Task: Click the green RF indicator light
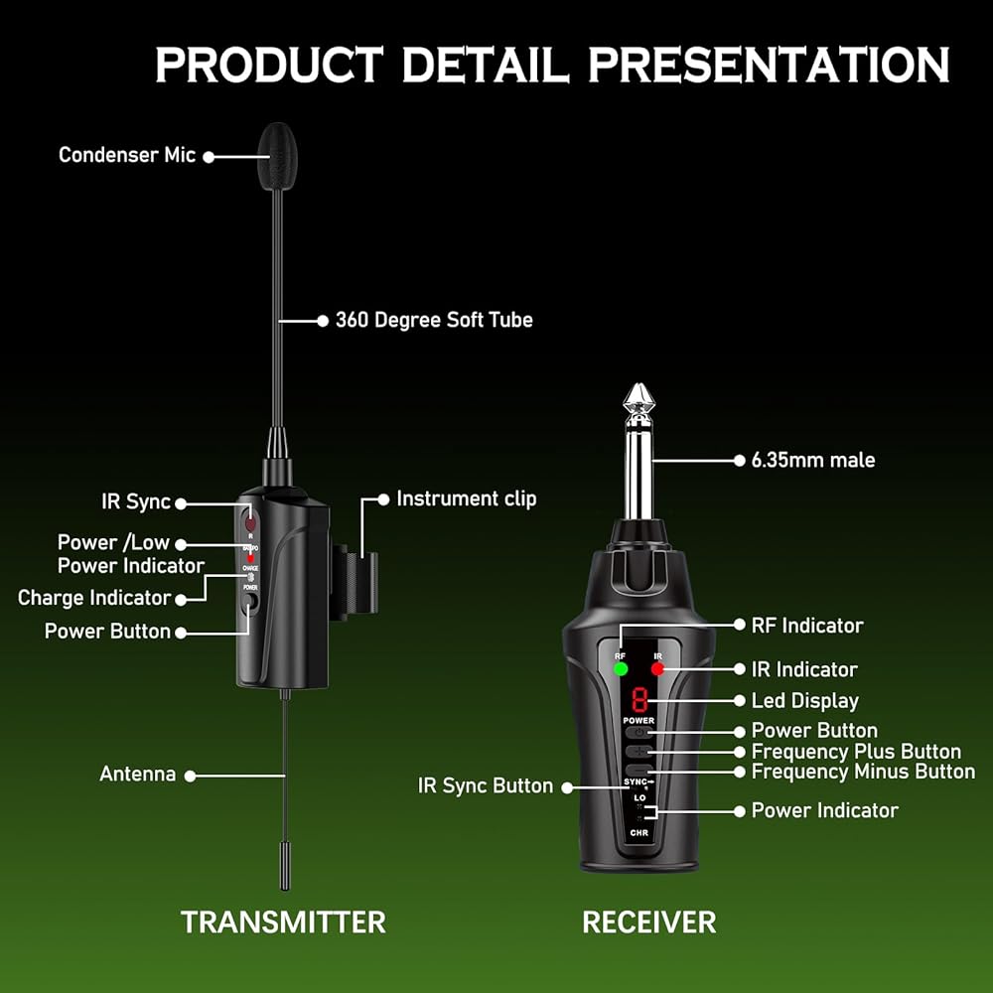pos(621,669)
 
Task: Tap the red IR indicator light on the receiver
pos(656,669)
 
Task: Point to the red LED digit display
pos(639,699)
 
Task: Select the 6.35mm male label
pos(813,460)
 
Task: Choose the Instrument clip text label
pos(466,498)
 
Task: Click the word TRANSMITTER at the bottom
pos(283,922)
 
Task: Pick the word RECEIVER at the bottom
pos(648,922)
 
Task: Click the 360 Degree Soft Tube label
pos(434,320)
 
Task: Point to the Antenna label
pos(137,774)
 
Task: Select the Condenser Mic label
pos(127,155)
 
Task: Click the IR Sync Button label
pos(486,785)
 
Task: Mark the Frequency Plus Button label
pos(856,752)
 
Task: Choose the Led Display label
pos(804,701)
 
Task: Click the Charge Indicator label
pos(94,598)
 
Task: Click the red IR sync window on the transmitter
pos(249,522)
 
